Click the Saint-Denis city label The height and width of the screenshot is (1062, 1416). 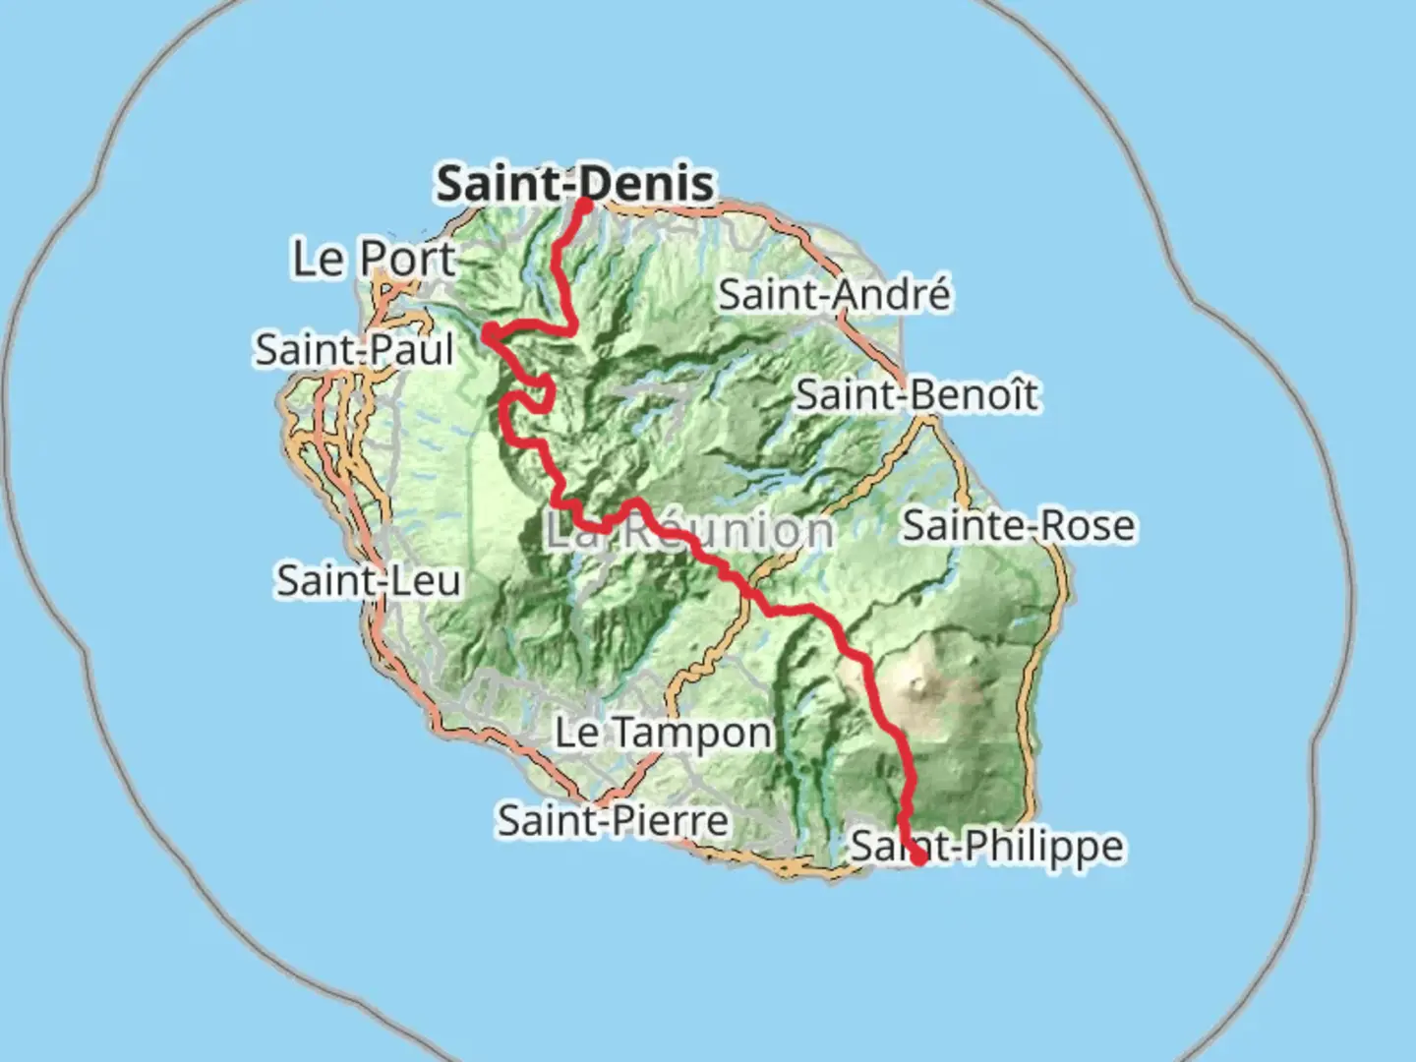pos(575,184)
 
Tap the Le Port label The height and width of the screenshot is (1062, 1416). pos(374,259)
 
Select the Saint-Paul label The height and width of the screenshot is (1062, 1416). pos(355,350)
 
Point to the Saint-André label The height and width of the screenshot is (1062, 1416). pos(835,294)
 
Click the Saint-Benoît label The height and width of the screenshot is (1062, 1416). pos(916,395)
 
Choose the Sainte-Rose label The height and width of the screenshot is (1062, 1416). pos(1018,525)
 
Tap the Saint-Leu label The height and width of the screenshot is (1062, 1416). pos(369,580)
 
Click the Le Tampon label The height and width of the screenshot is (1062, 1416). pos(664,733)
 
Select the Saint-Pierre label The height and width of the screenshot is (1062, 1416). pos(613,820)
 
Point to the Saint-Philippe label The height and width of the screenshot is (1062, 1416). pos(986,846)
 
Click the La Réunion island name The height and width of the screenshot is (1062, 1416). pos(688,531)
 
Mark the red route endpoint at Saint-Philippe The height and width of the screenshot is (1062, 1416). pos(918,856)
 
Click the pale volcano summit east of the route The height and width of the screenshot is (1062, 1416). pos(919,680)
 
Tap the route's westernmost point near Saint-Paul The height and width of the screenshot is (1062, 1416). pos(488,336)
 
